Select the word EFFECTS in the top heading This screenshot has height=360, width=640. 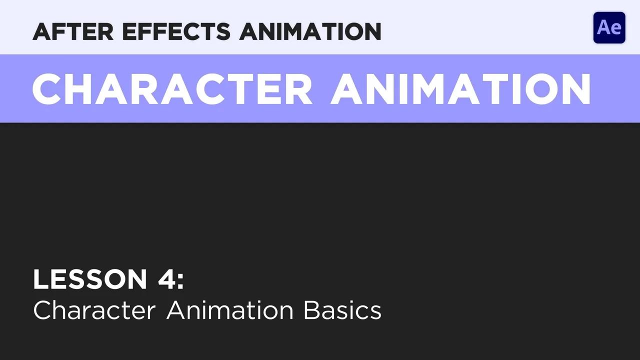pyautogui.click(x=176, y=32)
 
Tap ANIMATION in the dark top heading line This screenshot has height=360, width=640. pyautogui.click(x=310, y=32)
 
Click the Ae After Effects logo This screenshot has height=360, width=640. pyautogui.click(x=609, y=27)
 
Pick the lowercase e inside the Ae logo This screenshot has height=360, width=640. pyautogui.click(x=616, y=29)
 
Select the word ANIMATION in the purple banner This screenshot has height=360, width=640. pyautogui.click(x=460, y=89)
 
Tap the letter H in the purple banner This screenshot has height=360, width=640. pyautogui.click(x=74, y=89)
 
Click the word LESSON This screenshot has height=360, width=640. pyautogui.click(x=90, y=279)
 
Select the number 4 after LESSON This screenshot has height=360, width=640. pyautogui.click(x=166, y=279)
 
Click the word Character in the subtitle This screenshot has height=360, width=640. pyautogui.click(x=94, y=310)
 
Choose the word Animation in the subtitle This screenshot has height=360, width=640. pyautogui.click(x=230, y=310)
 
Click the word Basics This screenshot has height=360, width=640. pyautogui.click(x=342, y=310)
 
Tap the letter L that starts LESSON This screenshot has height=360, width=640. pyautogui.click(x=39, y=279)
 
